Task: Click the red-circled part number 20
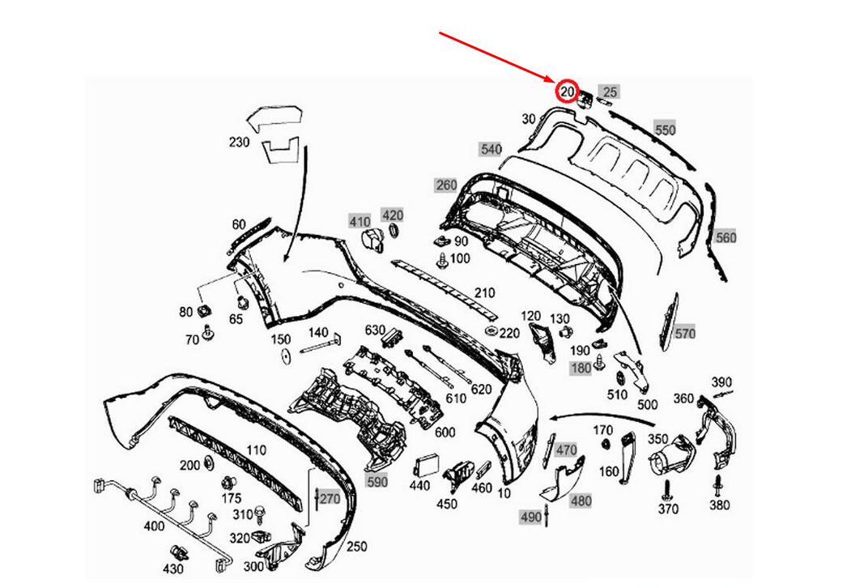click(x=566, y=92)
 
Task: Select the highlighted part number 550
click(x=665, y=130)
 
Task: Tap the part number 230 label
click(x=240, y=142)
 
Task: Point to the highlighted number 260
click(x=446, y=185)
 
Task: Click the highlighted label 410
click(x=360, y=221)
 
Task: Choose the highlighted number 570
click(x=685, y=333)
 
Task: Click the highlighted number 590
click(x=377, y=482)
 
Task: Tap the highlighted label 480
click(x=581, y=501)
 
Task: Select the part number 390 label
click(x=721, y=382)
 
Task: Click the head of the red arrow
click(x=556, y=82)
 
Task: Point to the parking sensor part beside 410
click(x=371, y=241)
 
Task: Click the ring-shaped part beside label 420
click(x=395, y=233)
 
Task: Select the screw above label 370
click(x=667, y=488)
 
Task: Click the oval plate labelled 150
click(x=286, y=359)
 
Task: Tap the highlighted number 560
click(x=725, y=237)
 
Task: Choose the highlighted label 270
click(x=329, y=499)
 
